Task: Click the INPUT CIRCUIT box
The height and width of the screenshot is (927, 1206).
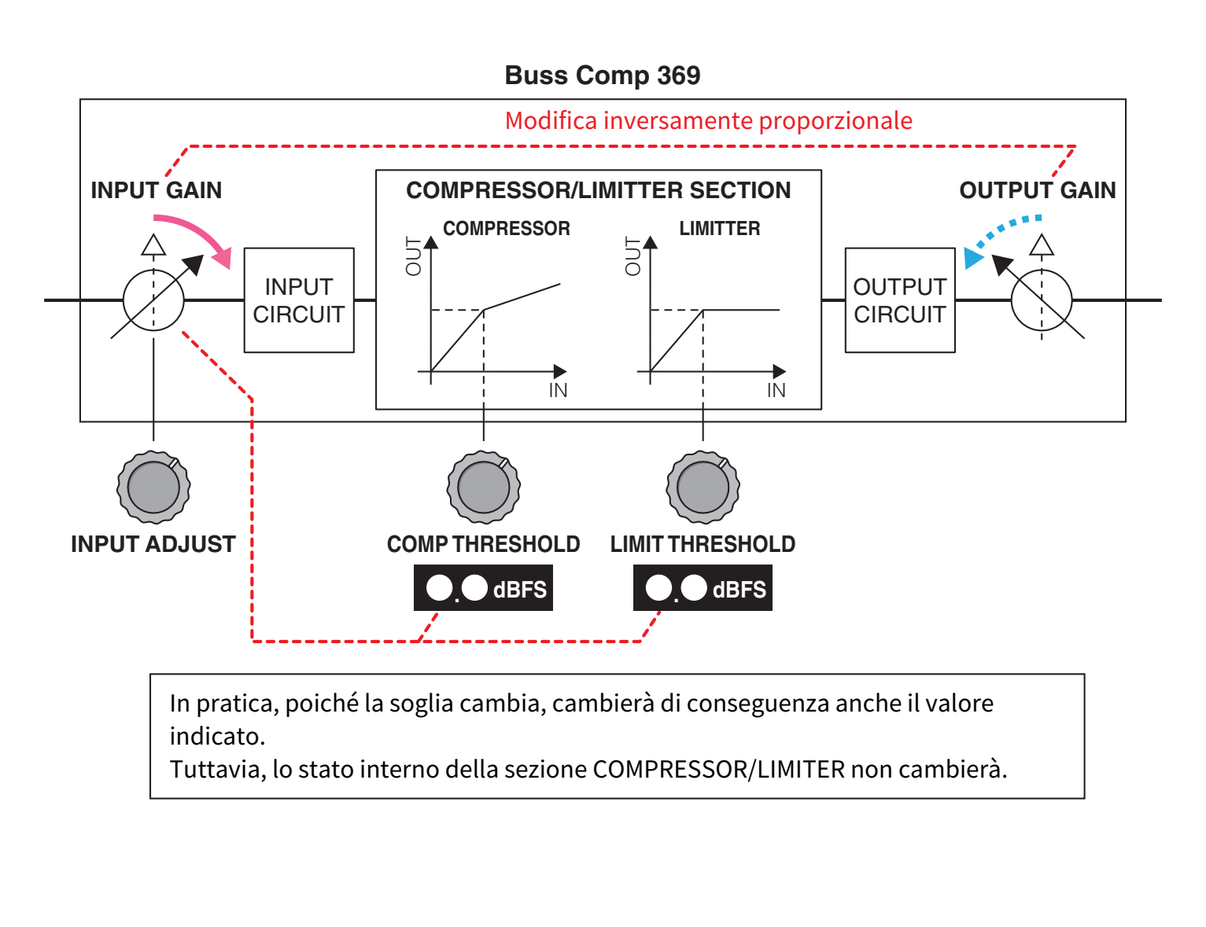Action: [x=299, y=300]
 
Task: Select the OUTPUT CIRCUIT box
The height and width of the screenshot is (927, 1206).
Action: [x=899, y=300]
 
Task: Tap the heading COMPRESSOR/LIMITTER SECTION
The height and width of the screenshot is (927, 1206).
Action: [x=598, y=190]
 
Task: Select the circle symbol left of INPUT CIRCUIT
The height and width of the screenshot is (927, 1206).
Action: [x=153, y=300]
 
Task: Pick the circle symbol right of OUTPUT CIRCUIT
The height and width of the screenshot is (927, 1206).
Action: [x=1041, y=300]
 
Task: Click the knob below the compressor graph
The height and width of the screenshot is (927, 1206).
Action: [x=483, y=487]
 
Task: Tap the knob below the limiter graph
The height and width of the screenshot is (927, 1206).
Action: [x=703, y=487]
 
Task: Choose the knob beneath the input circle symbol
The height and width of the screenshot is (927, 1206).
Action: [x=153, y=487]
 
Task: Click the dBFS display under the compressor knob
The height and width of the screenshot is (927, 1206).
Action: [x=483, y=588]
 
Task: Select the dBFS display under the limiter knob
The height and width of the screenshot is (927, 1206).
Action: [x=703, y=588]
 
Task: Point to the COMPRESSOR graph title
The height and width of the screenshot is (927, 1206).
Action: [x=506, y=229]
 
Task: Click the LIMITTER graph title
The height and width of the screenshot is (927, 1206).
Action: [x=719, y=229]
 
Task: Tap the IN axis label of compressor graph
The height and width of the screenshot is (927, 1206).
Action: [x=558, y=390]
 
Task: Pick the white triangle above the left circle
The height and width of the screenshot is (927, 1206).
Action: [x=153, y=245]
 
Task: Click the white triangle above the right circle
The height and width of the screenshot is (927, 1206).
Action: [x=1042, y=245]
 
